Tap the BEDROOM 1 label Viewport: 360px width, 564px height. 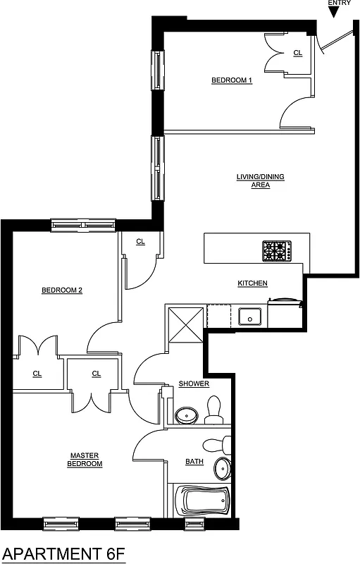click(x=232, y=80)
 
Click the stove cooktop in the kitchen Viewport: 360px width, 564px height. click(x=277, y=250)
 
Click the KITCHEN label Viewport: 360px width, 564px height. click(x=252, y=283)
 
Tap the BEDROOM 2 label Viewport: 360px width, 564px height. click(x=62, y=290)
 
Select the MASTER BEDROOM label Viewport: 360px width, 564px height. click(x=85, y=460)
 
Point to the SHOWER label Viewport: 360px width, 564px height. click(x=194, y=384)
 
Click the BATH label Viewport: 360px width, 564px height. click(x=194, y=462)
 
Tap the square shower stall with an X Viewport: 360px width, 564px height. click(x=185, y=324)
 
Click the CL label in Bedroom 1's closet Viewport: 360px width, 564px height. click(x=297, y=53)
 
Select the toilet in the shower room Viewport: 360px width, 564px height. click(x=213, y=410)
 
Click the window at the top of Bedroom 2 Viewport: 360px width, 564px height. click(x=83, y=226)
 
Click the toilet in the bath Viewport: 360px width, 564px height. click(x=214, y=444)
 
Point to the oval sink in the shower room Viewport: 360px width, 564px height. click(x=186, y=415)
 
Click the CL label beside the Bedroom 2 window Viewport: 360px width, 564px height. click(x=140, y=242)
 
